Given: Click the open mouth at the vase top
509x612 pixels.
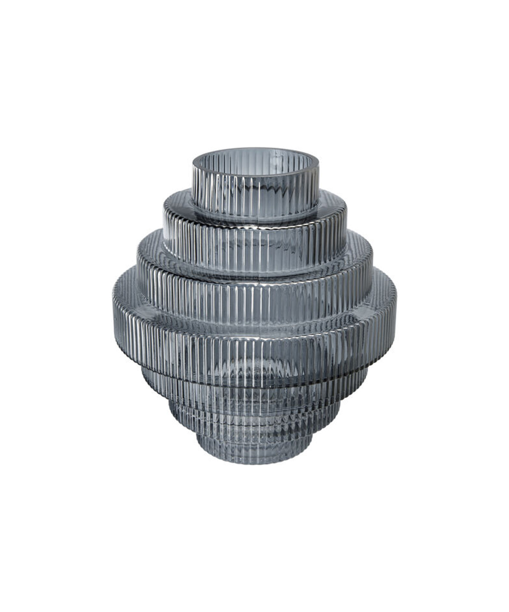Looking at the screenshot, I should coord(256,157).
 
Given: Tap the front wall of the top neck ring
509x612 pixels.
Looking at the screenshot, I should coord(256,192).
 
